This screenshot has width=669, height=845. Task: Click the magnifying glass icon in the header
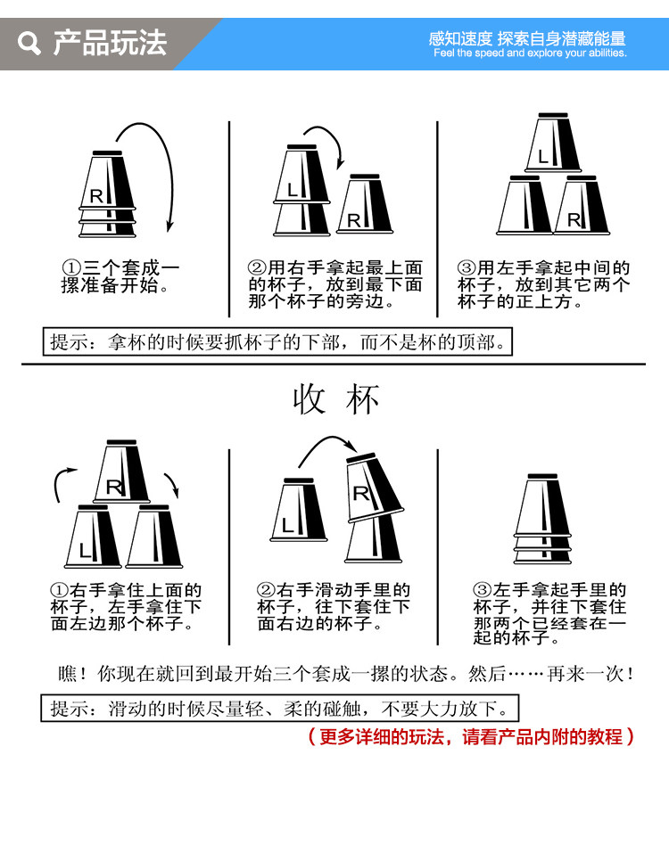pos(29,43)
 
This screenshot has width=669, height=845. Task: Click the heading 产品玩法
pos(109,43)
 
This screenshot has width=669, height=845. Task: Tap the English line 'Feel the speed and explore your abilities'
pos(530,53)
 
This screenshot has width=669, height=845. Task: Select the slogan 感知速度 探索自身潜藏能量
pos(527,38)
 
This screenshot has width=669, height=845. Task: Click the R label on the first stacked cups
pos(95,195)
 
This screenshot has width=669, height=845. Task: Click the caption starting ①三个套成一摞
pos(120,277)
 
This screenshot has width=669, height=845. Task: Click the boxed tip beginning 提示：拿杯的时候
pos(278,341)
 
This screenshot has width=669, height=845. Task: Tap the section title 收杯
pos(336,400)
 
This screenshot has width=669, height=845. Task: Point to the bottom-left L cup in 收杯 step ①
pos(92,538)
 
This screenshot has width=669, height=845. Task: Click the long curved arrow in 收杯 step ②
pos(326,446)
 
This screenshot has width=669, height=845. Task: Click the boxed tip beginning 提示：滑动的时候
pos(280,710)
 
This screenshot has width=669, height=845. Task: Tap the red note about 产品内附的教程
pos(470,737)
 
